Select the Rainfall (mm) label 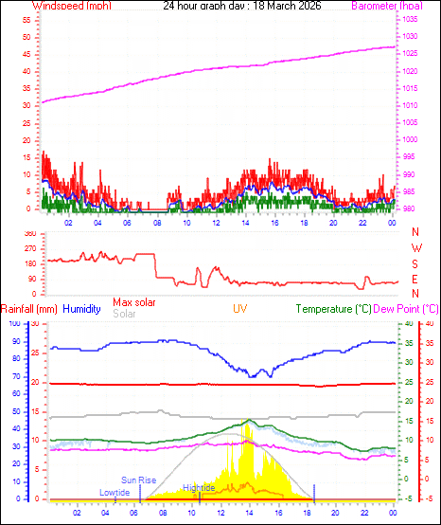click(29, 309)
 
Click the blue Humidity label click(81, 309)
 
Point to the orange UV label click(240, 309)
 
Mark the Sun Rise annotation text click(138, 480)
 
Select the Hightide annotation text click(199, 486)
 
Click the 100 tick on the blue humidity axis click(14, 324)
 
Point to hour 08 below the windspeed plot click(157, 223)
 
